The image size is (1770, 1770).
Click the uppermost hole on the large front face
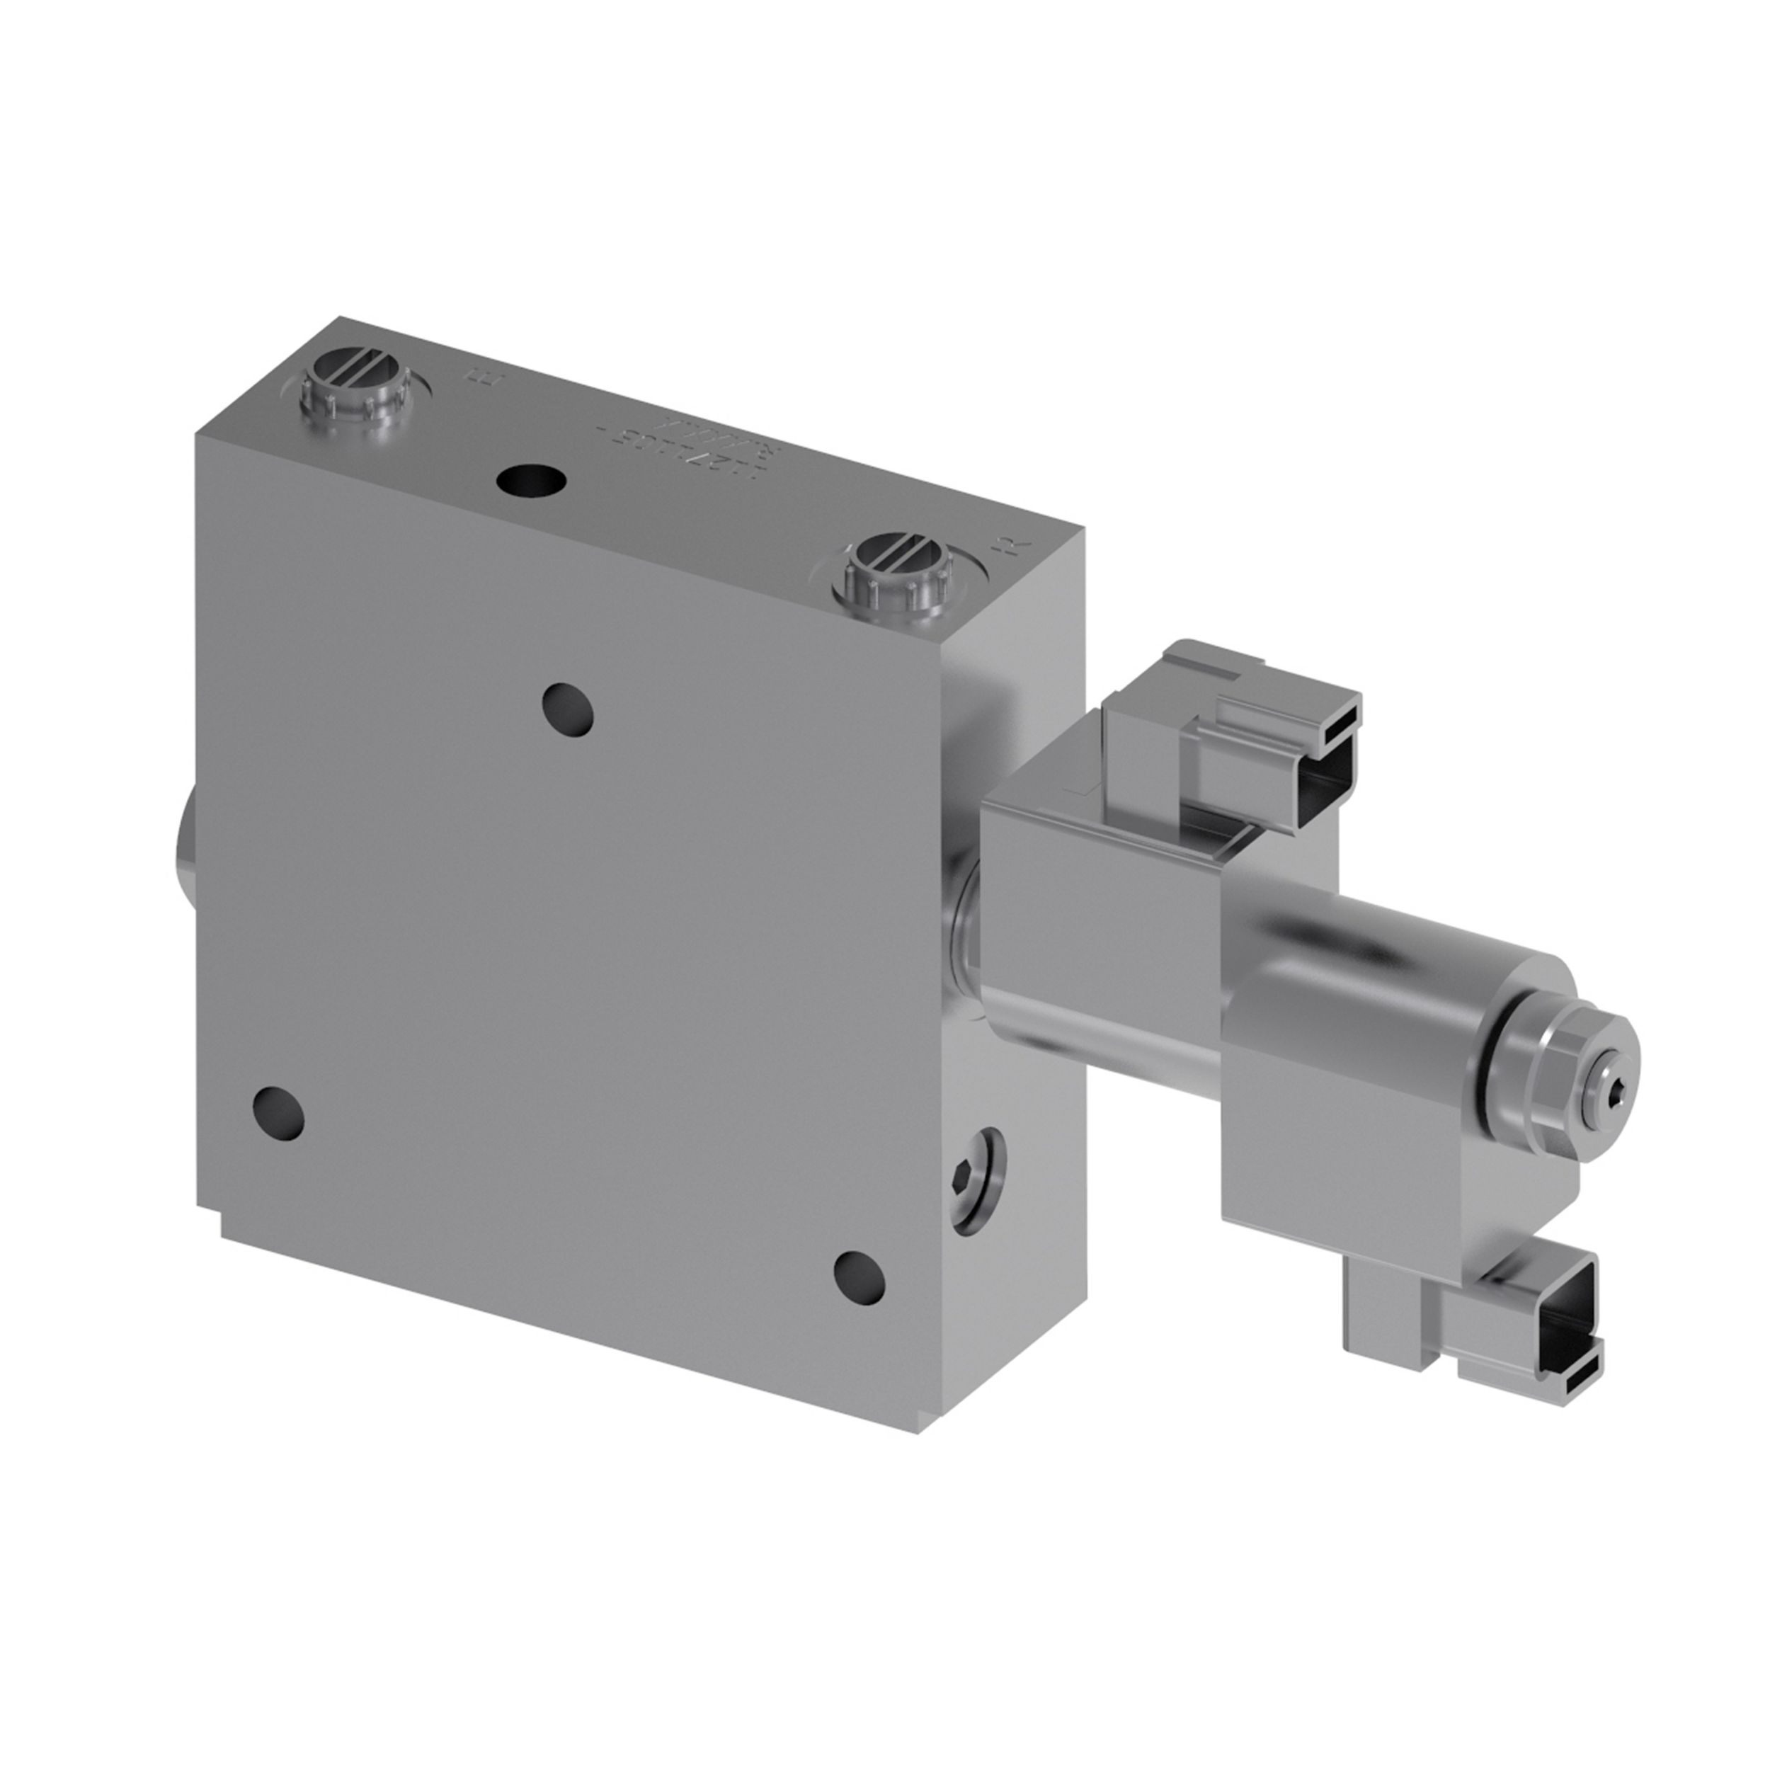coord(567,710)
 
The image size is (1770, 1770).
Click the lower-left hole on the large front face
coord(278,1112)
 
